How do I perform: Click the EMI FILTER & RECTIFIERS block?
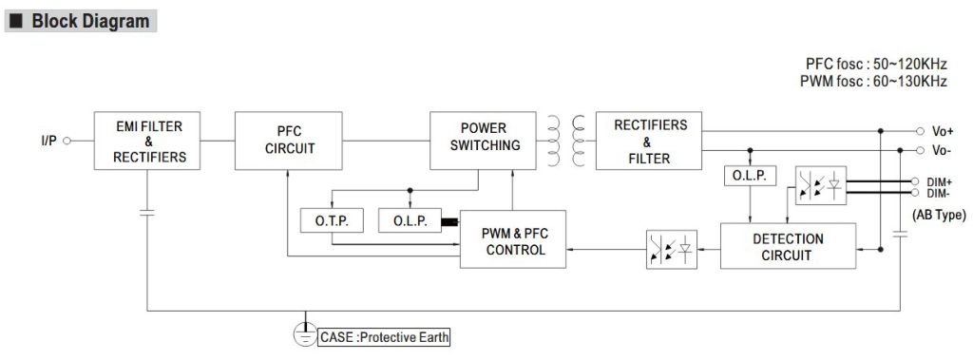[147, 141]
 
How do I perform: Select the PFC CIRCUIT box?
[289, 141]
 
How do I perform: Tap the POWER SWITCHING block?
[484, 141]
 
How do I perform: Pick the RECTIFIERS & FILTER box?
[649, 141]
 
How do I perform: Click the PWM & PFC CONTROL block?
[513, 239]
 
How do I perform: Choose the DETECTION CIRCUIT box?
[788, 246]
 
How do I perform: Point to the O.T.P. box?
[332, 221]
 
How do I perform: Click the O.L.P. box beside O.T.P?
[410, 221]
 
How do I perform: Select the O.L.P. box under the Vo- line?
[751, 177]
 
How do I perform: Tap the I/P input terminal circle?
[67, 141]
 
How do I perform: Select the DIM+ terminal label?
[940, 181]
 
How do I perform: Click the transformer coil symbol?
[566, 141]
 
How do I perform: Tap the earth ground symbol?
[305, 334]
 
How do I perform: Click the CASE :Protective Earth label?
[384, 337]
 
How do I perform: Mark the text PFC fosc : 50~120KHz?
[876, 65]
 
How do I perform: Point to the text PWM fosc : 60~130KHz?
[874, 82]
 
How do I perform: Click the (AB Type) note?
[939, 216]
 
